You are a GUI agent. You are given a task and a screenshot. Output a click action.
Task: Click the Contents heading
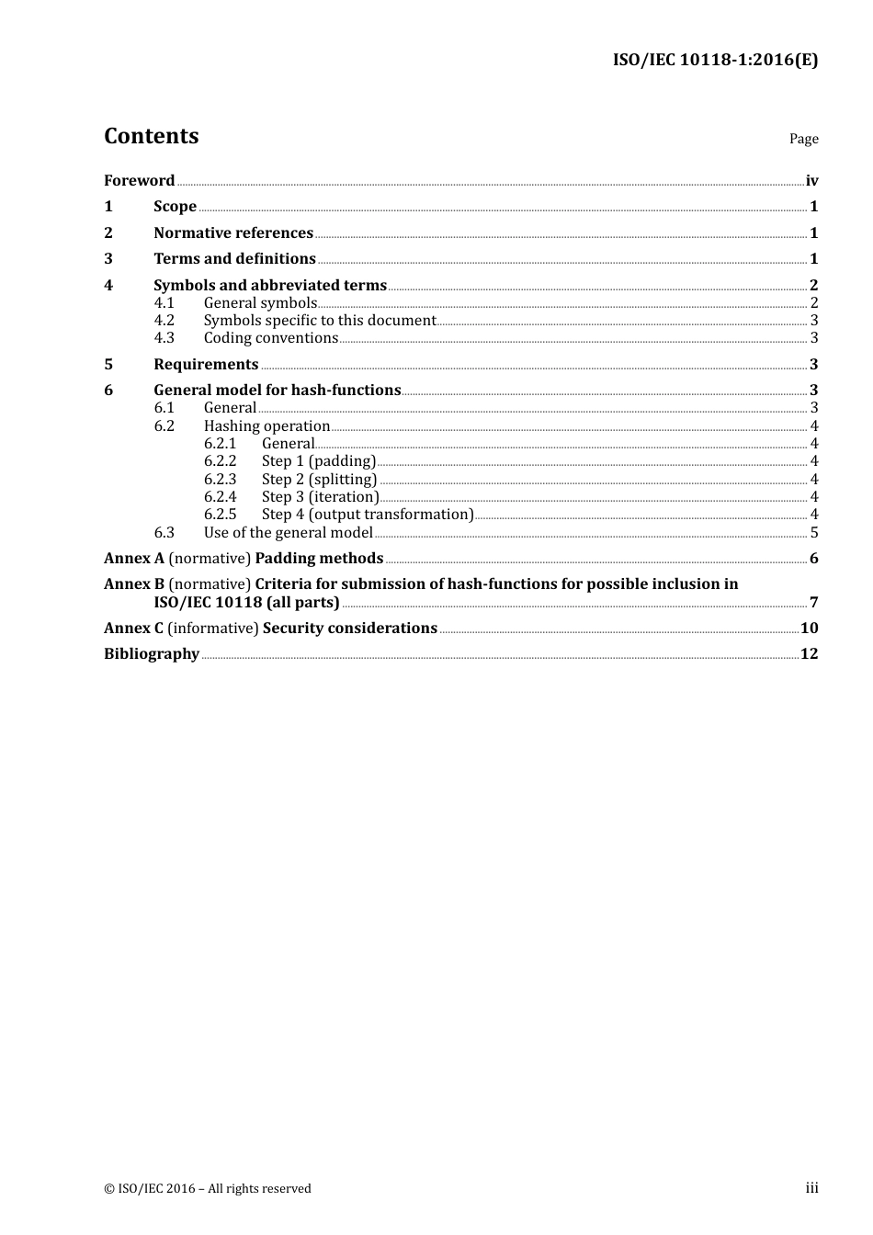coord(151,136)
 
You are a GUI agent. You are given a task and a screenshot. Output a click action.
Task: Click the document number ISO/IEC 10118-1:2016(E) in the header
coord(715,61)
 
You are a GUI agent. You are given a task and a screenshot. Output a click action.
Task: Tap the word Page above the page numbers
coord(803,139)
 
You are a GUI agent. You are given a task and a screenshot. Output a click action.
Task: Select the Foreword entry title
coord(139,181)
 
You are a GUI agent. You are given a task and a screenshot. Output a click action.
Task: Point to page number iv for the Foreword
coord(811,181)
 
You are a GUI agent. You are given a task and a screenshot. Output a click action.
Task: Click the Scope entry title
coord(175,207)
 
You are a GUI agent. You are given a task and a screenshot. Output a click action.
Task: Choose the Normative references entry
coord(233,233)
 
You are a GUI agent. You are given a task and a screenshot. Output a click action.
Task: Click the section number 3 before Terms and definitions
coord(108,259)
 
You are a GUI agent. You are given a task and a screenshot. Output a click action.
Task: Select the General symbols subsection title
coord(260,303)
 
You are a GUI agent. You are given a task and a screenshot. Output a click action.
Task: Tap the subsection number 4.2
coord(164,321)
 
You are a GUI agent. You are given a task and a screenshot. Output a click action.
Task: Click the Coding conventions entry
coord(271,338)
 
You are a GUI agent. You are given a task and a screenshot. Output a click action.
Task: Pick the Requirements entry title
coord(206,365)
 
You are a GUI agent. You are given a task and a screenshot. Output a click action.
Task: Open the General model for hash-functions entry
coord(278,391)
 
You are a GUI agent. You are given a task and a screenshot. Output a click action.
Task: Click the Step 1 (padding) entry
coord(318,461)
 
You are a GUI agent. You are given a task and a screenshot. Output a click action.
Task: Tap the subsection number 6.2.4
coord(220,497)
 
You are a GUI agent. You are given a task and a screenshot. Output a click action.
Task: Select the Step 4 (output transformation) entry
coord(368,515)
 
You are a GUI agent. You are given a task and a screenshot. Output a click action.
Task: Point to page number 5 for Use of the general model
coord(813,533)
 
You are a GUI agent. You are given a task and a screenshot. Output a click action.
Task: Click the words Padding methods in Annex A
coord(319,559)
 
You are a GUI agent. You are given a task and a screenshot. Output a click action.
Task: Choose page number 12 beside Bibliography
coord(809,654)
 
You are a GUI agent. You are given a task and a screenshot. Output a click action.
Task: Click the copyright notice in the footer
coord(208,1189)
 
